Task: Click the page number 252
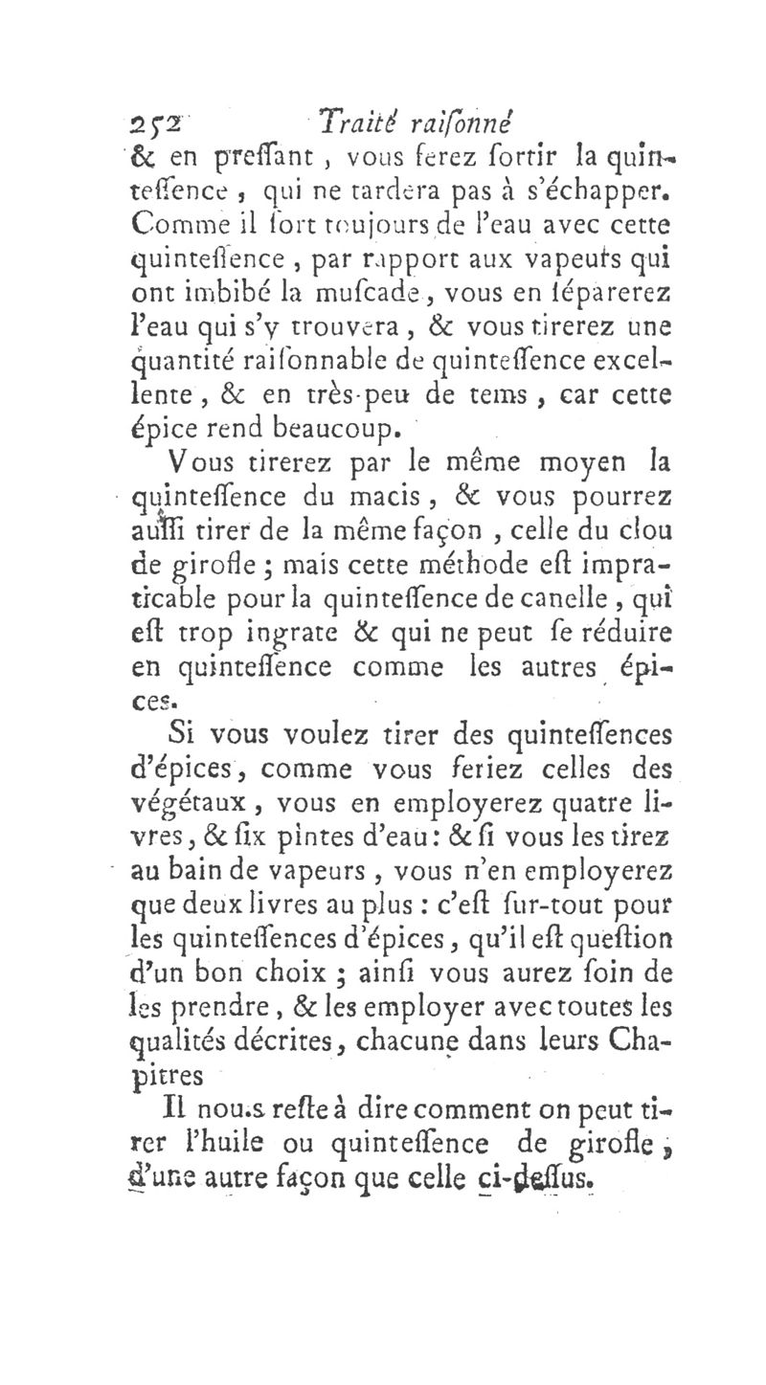click(152, 121)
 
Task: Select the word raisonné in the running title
click(459, 121)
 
